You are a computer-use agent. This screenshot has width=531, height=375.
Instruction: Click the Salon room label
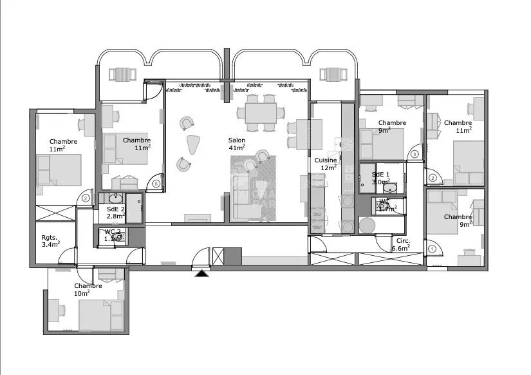pyautogui.click(x=237, y=140)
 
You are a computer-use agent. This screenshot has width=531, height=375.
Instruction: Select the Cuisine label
pyautogui.click(x=326, y=160)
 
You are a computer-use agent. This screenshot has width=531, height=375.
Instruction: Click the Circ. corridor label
pyautogui.click(x=404, y=240)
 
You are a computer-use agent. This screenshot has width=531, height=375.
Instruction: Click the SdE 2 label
pyautogui.click(x=116, y=209)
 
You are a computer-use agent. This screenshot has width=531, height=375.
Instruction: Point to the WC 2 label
pyautogui.click(x=113, y=231)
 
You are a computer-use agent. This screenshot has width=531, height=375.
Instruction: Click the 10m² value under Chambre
pyautogui.click(x=82, y=293)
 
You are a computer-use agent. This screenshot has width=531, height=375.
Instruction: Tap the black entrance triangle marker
pyautogui.click(x=202, y=273)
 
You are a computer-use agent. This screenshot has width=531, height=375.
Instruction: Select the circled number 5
pyautogui.click(x=156, y=184)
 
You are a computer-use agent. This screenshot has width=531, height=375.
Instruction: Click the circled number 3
pyautogui.click(x=415, y=154)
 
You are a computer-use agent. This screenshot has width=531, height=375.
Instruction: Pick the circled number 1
pyautogui.click(x=432, y=249)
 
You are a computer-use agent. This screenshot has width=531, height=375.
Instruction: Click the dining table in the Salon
pyautogui.click(x=261, y=114)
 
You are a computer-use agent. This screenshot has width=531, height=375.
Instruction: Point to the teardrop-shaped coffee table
pyautogui.click(x=192, y=145)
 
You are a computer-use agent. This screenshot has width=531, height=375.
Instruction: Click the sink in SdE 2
pyautogui.click(x=117, y=197)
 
